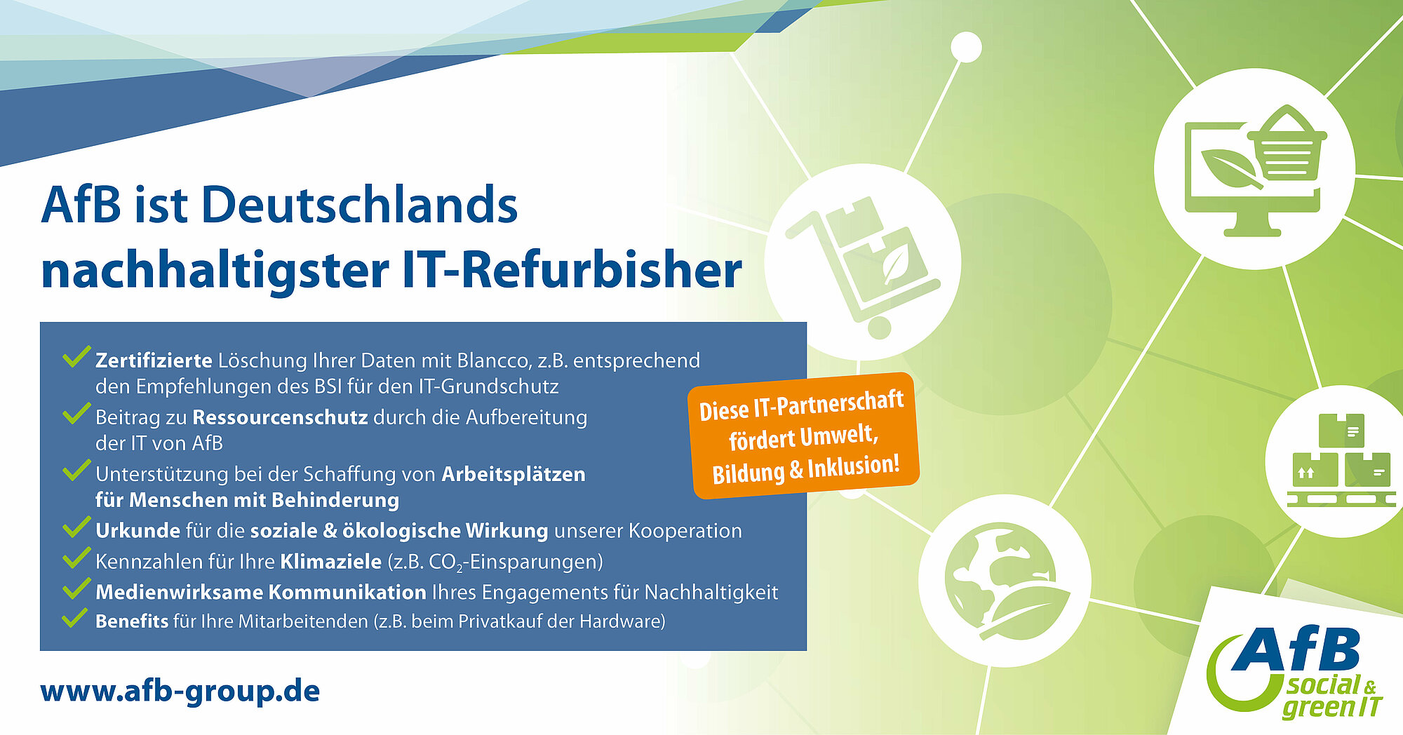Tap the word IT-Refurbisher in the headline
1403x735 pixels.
pos(572,270)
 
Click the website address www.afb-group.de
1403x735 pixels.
pos(180,691)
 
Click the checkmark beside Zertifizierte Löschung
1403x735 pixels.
pos(76,357)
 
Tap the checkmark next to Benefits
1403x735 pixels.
pos(74,618)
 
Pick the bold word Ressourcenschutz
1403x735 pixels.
pos(280,417)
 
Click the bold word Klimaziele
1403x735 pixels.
pos(330,562)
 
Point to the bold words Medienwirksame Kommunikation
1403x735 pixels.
pos(260,592)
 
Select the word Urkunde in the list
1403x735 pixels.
pos(137,531)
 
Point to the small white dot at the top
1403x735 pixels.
pos(966,48)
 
